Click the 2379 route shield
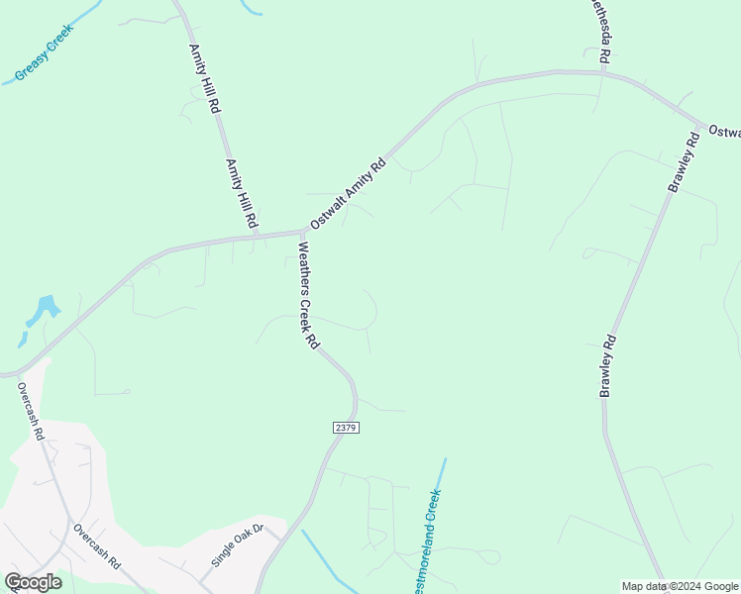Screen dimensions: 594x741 (345, 427)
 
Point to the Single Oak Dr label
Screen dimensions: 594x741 (236, 545)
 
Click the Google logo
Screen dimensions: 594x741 (33, 582)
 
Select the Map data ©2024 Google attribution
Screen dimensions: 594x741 (680, 586)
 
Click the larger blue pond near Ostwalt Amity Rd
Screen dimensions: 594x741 (44, 310)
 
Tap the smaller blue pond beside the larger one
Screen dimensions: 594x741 (22, 340)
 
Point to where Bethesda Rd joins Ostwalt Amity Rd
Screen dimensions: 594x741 (603, 72)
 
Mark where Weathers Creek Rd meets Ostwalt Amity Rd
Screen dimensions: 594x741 (301, 233)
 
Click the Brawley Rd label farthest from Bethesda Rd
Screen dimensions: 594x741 (608, 366)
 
